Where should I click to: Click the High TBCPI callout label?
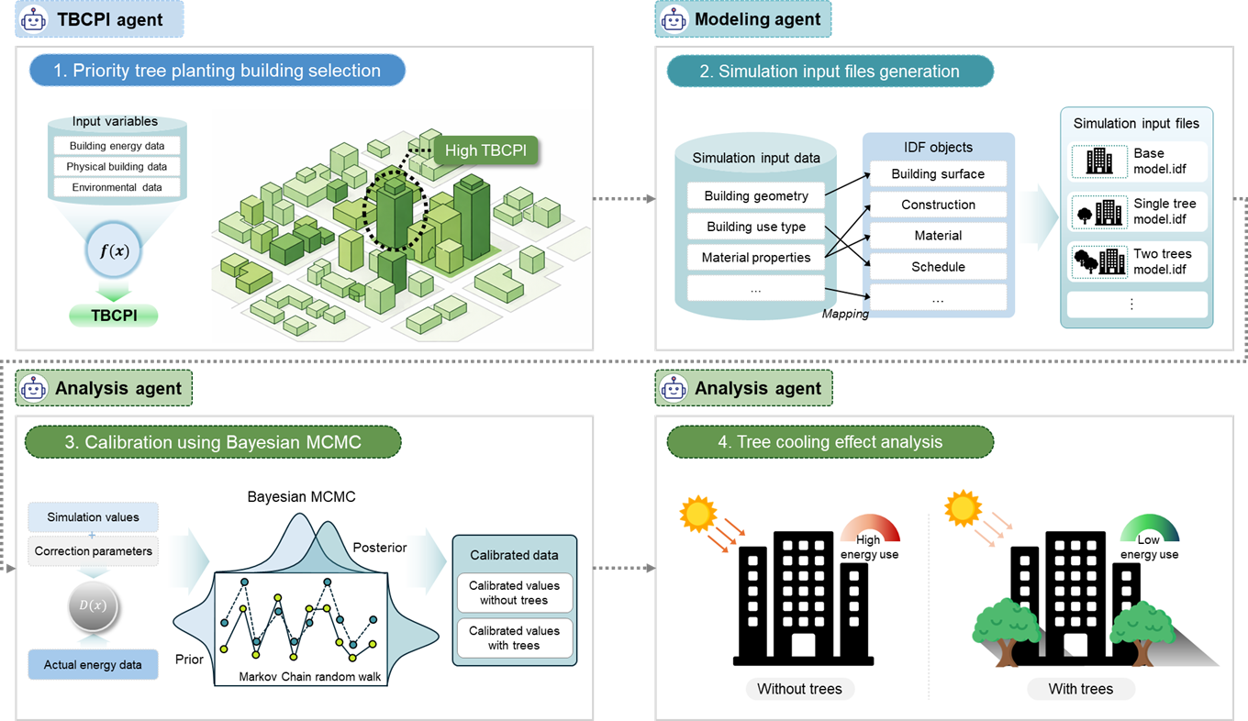point(485,150)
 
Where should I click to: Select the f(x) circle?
point(114,250)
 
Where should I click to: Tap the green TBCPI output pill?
point(114,316)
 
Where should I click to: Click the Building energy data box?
point(117,146)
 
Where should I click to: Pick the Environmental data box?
point(117,187)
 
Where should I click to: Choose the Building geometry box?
point(756,196)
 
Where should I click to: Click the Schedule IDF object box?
point(938,267)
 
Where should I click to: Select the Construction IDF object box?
point(938,205)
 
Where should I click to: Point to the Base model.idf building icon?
point(1099,161)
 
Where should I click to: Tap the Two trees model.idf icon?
point(1099,261)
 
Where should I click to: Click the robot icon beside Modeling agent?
point(674,19)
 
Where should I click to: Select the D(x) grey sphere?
point(93,606)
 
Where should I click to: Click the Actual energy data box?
point(93,664)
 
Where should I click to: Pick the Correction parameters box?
point(93,551)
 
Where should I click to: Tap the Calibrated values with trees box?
point(514,638)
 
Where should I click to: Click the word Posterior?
point(379,548)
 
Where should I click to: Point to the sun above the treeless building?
point(697,514)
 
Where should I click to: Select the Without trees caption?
point(799,689)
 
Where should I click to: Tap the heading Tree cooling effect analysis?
point(830,441)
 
